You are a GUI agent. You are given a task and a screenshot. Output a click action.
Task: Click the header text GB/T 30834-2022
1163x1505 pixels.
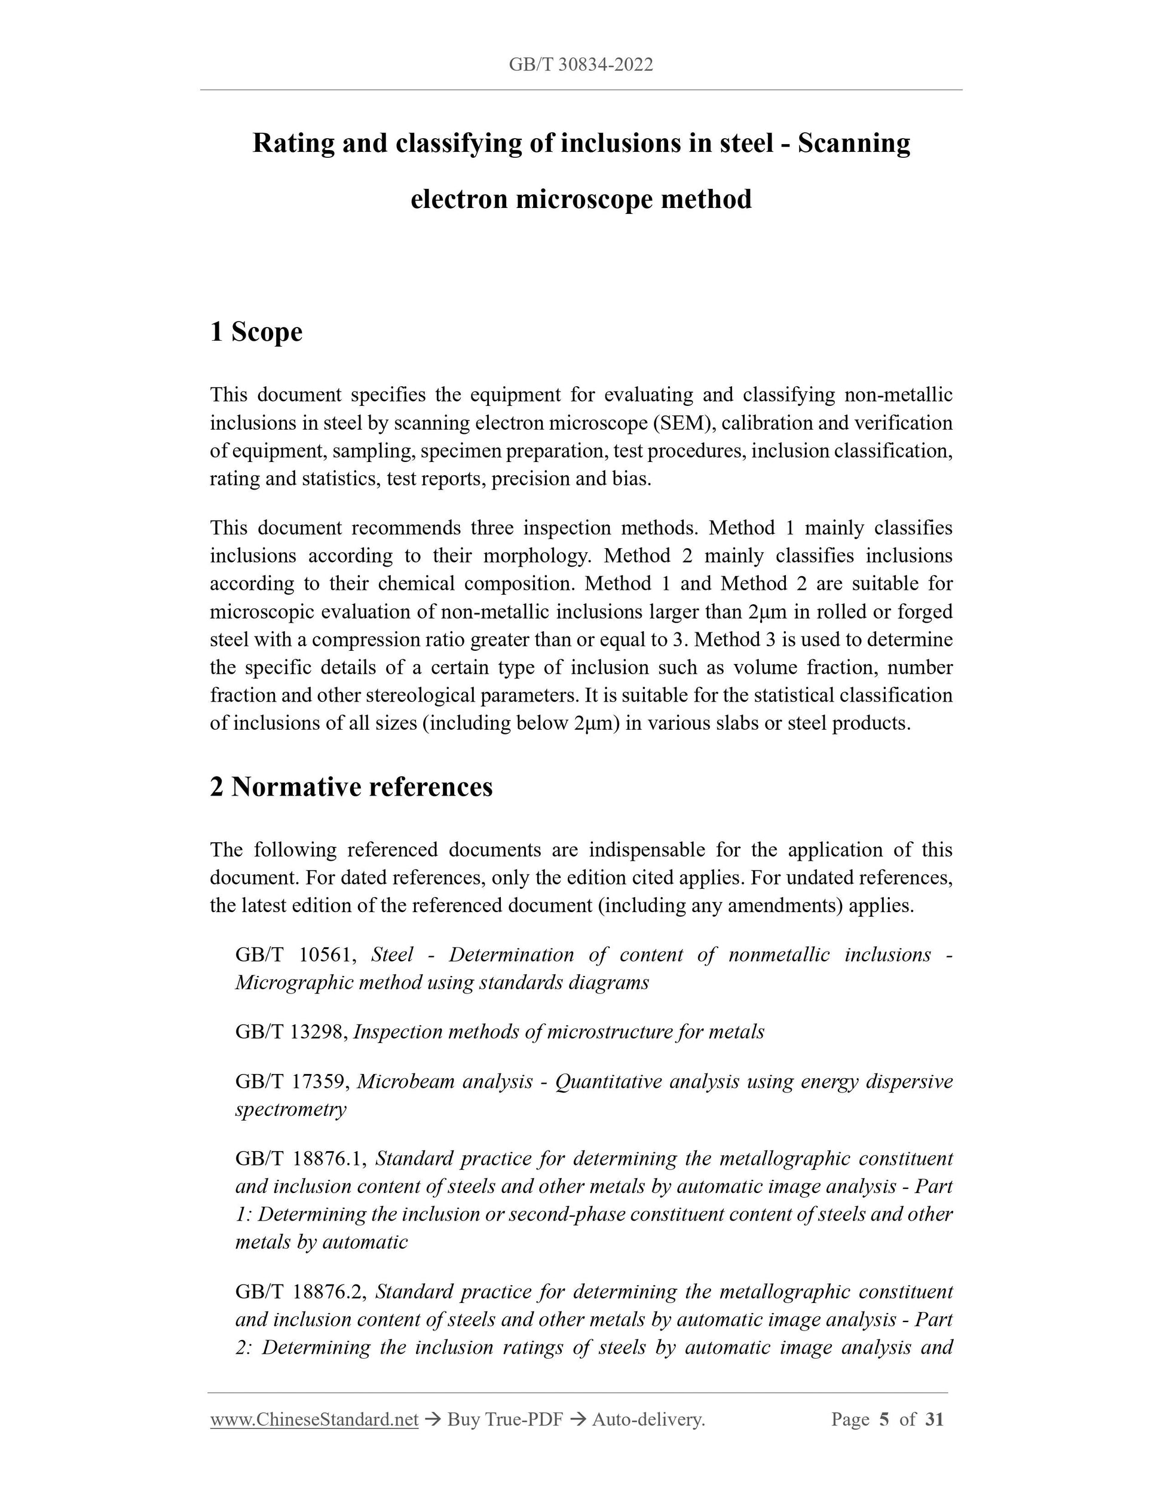coord(581,65)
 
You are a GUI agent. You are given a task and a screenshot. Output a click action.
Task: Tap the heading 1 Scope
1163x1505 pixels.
coord(256,332)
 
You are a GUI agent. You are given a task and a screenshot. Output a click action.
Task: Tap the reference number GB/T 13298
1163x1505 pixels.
coord(293,1032)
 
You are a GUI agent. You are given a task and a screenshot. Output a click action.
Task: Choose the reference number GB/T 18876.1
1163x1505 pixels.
coord(304,1159)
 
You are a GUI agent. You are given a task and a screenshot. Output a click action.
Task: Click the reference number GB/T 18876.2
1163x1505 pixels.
coord(304,1292)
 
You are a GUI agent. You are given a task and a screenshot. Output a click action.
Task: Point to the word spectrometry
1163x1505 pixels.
coord(290,1109)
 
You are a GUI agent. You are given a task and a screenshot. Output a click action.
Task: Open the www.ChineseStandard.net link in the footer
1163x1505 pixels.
coord(314,1420)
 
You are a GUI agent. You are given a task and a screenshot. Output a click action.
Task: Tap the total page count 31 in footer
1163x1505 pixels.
coord(934,1420)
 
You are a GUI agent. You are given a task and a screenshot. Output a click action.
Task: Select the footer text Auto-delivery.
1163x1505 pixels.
coord(648,1420)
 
